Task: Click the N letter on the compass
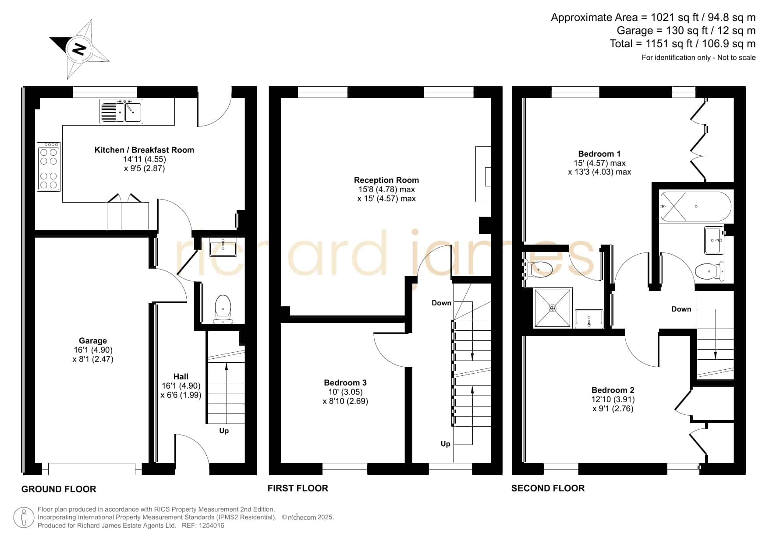point(79,49)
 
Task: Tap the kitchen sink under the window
point(121,111)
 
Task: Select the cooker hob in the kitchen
point(49,166)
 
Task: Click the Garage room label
point(93,340)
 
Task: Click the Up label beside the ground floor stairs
point(224,431)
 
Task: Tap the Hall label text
point(181,376)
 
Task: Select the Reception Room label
point(386,180)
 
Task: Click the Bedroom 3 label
point(345,382)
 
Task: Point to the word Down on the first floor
point(441,303)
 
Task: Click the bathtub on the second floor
point(695,206)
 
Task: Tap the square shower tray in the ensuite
point(553,308)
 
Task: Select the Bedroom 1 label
point(599,154)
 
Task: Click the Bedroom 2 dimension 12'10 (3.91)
point(613,399)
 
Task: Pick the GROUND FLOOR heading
point(59,489)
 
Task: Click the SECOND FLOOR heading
point(548,488)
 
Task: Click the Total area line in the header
point(683,44)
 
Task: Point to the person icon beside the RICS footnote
point(24,518)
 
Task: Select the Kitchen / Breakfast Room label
point(144,150)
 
